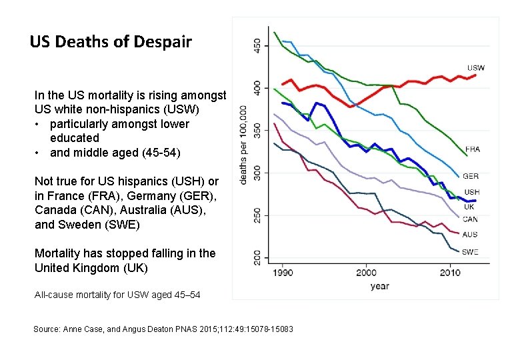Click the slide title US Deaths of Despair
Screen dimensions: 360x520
111,42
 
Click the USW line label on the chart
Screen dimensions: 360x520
476,68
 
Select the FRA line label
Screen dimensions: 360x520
473,149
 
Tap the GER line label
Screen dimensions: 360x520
471,177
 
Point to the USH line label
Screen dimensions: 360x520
472,193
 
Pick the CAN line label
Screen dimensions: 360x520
471,219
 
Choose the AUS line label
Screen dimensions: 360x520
470,235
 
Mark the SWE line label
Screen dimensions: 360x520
471,252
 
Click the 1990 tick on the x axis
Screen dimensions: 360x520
283,273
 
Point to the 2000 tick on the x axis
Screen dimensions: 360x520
366,273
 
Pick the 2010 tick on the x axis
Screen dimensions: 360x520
450,273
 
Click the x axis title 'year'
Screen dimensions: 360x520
379,287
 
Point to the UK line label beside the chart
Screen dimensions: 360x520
469,207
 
